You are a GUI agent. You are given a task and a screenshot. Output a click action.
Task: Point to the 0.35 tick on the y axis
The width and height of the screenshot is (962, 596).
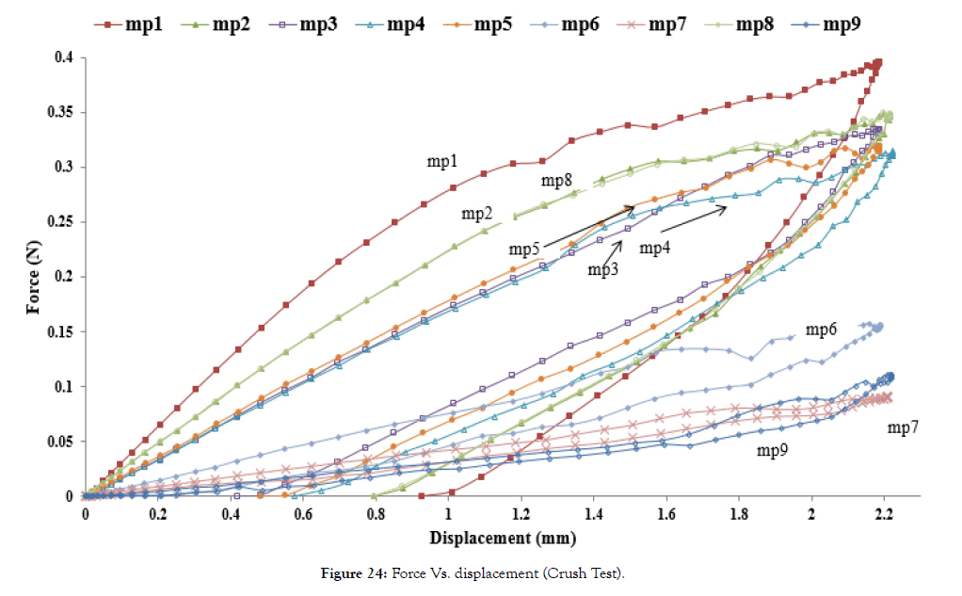point(62,112)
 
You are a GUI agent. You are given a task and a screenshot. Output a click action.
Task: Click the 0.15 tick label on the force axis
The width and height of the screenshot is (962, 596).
point(62,331)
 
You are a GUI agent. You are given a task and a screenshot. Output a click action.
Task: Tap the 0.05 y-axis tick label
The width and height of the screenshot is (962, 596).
point(62,442)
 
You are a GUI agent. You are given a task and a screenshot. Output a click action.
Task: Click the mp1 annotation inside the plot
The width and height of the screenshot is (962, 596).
point(442,163)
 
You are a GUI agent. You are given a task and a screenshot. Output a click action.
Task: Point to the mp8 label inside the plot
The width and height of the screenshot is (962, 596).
point(558,181)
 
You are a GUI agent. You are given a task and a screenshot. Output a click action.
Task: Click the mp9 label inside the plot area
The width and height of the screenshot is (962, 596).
point(774,450)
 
